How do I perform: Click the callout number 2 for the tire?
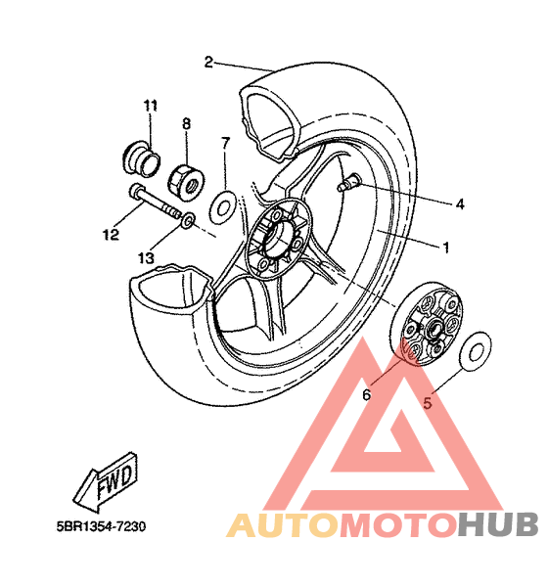pyautogui.click(x=208, y=63)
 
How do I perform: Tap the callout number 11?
pyautogui.click(x=151, y=106)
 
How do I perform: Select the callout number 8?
pyautogui.click(x=187, y=123)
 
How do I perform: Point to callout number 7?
pyautogui.click(x=225, y=143)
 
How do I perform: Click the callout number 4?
pyautogui.click(x=460, y=203)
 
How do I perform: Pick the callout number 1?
pyautogui.click(x=446, y=248)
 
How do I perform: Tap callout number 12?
pyautogui.click(x=111, y=235)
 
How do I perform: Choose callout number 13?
pyautogui.click(x=146, y=258)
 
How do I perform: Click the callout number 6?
pyautogui.click(x=367, y=394)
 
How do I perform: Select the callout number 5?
pyautogui.click(x=428, y=403)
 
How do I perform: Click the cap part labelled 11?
pyautogui.click(x=142, y=158)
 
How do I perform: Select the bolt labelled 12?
pyautogui.click(x=156, y=203)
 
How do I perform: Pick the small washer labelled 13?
pyautogui.click(x=188, y=221)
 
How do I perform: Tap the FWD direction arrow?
pyautogui.click(x=106, y=481)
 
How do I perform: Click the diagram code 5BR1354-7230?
pyautogui.click(x=101, y=526)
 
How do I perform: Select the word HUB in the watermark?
pyautogui.click(x=498, y=524)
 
